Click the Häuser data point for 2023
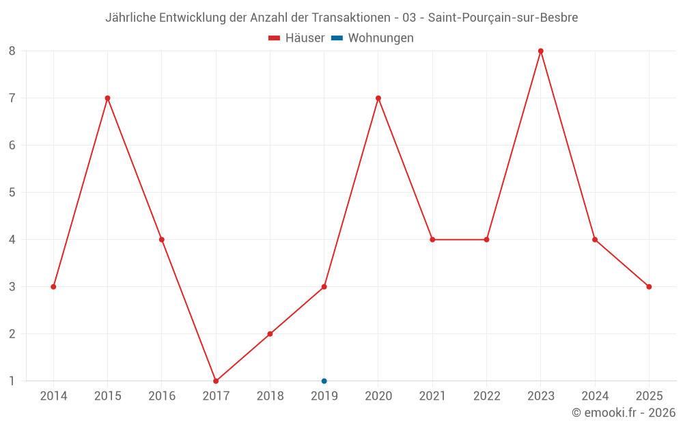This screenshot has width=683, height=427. click(541, 51)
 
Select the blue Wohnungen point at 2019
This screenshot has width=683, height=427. click(324, 381)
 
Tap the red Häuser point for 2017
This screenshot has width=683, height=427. click(216, 381)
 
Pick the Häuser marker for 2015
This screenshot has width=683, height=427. click(107, 98)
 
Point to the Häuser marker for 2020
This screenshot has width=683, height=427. click(378, 98)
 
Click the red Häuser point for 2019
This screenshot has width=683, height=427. click(324, 287)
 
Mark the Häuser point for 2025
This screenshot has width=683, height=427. click(649, 287)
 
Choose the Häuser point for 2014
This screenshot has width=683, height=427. click(53, 287)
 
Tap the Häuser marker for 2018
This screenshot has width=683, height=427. click(270, 334)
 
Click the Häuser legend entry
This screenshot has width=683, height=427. click(296, 38)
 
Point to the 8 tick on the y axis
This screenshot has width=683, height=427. click(12, 51)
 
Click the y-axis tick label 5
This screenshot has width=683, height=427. click(12, 193)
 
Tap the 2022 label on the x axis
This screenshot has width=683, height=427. click(486, 396)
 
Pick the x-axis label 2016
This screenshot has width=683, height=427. click(162, 396)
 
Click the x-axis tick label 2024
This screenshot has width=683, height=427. click(595, 396)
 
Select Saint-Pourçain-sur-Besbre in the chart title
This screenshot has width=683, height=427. click(503, 18)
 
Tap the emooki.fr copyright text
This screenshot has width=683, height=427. click(624, 413)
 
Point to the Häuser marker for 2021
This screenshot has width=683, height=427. click(432, 240)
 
